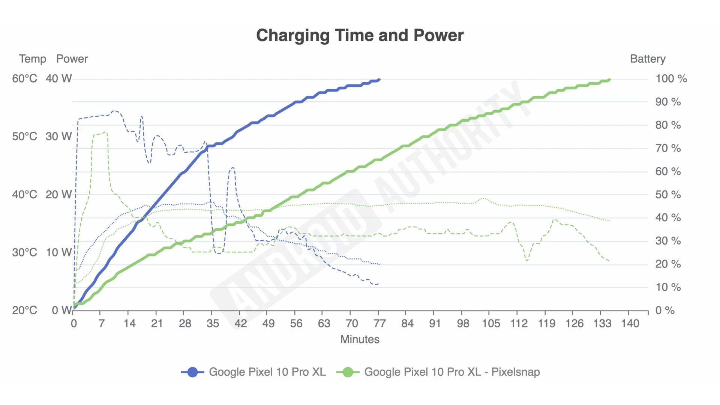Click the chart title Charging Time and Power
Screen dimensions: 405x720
pyautogui.click(x=360, y=35)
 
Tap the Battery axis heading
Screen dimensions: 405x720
pyautogui.click(x=648, y=59)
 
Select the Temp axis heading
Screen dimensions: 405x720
pyautogui.click(x=33, y=59)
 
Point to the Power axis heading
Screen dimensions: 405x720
pyautogui.click(x=72, y=59)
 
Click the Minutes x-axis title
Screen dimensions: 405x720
pyautogui.click(x=360, y=339)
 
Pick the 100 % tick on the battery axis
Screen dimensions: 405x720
pyautogui.click(x=671, y=79)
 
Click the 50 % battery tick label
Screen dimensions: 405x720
pyautogui.click(x=668, y=195)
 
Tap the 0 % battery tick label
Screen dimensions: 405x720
pyautogui.click(x=665, y=310)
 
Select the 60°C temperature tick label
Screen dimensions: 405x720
pyautogui.click(x=24, y=79)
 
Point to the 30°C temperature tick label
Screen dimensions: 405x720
pyautogui.click(x=24, y=252)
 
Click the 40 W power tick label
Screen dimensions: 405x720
pyautogui.click(x=59, y=79)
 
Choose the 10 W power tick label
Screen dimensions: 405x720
pyautogui.click(x=59, y=252)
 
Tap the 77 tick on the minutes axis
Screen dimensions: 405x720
pyautogui.click(x=379, y=323)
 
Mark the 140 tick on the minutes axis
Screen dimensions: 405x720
pyautogui.click(x=630, y=323)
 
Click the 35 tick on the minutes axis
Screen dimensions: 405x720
pyautogui.click(x=213, y=323)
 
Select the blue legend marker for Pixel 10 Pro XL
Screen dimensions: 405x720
pyautogui.click(x=192, y=372)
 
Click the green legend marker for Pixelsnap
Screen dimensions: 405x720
pyautogui.click(x=348, y=372)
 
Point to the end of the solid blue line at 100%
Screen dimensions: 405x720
pyautogui.click(x=379, y=79)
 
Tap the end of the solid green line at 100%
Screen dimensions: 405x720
pyautogui.click(x=609, y=79)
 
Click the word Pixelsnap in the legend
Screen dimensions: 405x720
pyautogui.click(x=516, y=372)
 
